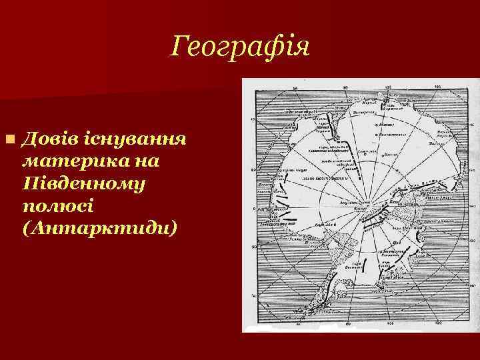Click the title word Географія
click(x=239, y=47)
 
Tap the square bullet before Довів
click(x=9, y=140)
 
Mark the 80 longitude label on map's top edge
click(x=345, y=87)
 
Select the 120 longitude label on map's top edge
click(x=437, y=87)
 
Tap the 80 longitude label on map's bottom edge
click(x=345, y=324)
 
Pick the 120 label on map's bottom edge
click(x=437, y=324)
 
